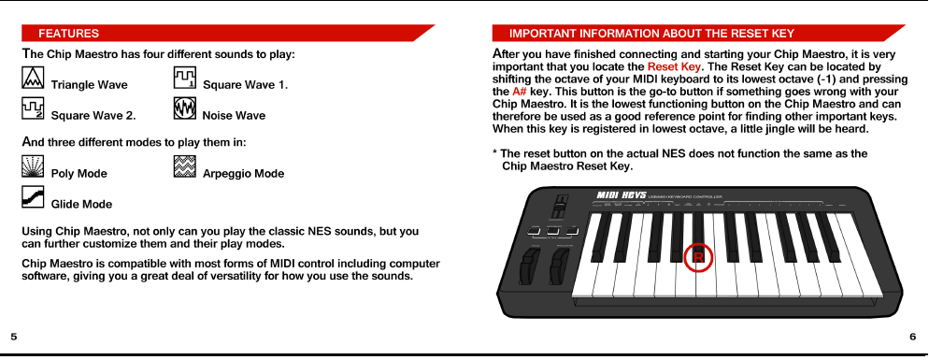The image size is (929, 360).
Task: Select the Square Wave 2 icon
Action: pyautogui.click(x=33, y=109)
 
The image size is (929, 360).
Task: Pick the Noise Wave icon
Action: pyautogui.click(x=184, y=109)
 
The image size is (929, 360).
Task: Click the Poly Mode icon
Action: pyautogui.click(x=33, y=167)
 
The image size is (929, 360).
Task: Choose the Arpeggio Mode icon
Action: pyautogui.click(x=184, y=167)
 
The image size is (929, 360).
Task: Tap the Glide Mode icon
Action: pyautogui.click(x=33, y=197)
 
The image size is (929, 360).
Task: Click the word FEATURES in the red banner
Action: pyautogui.click(x=68, y=34)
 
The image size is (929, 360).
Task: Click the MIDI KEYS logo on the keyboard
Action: pyautogui.click(x=622, y=195)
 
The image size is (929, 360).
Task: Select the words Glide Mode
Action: pyautogui.click(x=81, y=204)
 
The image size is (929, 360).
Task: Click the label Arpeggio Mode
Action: pyautogui.click(x=243, y=174)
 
